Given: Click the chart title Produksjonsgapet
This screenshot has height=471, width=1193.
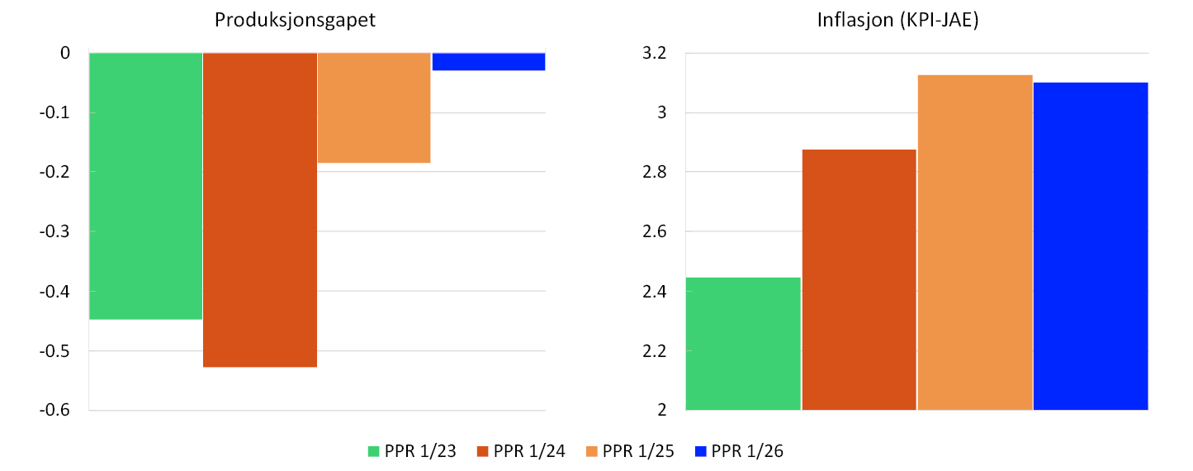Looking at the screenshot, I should tap(295, 21).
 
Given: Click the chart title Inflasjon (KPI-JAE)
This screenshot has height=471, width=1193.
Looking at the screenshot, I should tap(897, 21).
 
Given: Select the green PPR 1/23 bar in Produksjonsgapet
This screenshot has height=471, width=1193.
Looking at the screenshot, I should tap(145, 186).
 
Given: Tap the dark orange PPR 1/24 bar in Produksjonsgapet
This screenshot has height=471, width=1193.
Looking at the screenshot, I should tap(260, 210).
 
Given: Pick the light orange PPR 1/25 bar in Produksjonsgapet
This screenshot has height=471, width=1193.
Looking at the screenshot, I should tap(374, 107).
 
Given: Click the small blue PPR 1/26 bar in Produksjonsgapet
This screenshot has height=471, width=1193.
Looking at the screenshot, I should tap(489, 61).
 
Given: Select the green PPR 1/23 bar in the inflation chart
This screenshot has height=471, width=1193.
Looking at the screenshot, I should tap(743, 344).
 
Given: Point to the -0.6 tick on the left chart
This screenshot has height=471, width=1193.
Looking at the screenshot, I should tap(59, 411).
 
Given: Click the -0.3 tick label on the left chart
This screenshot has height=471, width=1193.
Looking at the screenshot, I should tap(59, 231).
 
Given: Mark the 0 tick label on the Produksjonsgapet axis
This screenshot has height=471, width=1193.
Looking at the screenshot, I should tap(65, 53).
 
